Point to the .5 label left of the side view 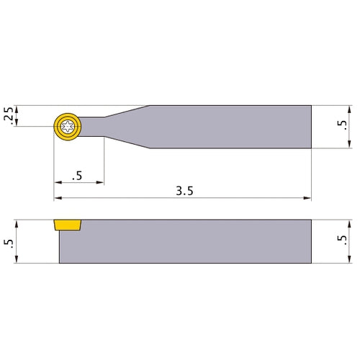9,241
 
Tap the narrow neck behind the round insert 94,127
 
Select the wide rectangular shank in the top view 230,127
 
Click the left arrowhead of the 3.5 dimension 58,198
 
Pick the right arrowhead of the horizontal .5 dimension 101,182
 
